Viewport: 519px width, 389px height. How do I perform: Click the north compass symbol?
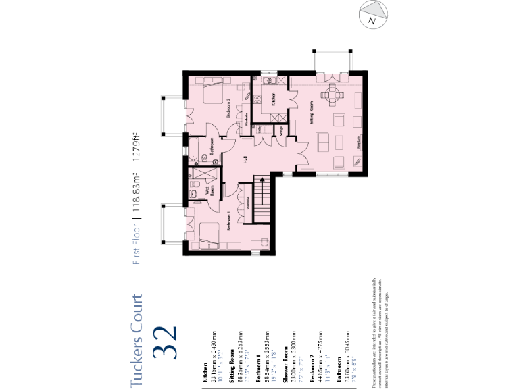click(373, 15)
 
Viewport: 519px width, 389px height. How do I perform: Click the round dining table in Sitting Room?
click(331, 94)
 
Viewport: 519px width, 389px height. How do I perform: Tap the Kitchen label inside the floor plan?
click(274, 101)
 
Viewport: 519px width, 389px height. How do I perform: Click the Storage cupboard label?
click(282, 132)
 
